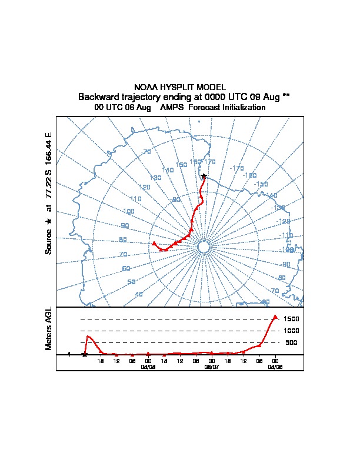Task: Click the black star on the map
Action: (x=204, y=176)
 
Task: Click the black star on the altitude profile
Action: (x=85, y=354)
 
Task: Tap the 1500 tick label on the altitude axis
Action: (x=291, y=319)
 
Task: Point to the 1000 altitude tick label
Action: (x=291, y=331)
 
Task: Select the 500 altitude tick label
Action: (x=291, y=342)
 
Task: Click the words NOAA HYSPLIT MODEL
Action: (x=180, y=87)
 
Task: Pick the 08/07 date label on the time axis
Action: (x=211, y=366)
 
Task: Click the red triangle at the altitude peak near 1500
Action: (x=275, y=317)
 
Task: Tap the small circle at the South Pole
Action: (x=204, y=247)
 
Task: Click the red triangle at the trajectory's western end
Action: (x=154, y=243)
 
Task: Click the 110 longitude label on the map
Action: (x=136, y=199)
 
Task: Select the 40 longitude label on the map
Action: (x=139, y=294)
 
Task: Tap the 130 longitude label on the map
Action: (x=156, y=178)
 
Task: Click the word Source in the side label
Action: (x=49, y=241)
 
